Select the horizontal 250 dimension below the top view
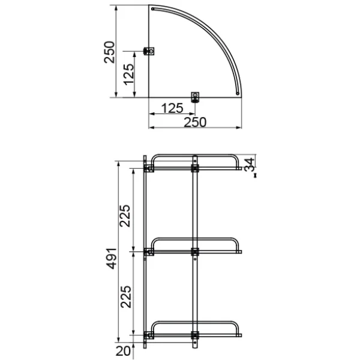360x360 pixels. (x=194, y=122)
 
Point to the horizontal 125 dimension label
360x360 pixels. (x=172, y=109)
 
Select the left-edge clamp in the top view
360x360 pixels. (x=151, y=51)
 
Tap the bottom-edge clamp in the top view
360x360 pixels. (x=195, y=96)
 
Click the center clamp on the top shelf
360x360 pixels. (x=195, y=169)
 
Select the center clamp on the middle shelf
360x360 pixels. (x=195, y=251)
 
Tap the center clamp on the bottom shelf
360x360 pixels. (x=195, y=334)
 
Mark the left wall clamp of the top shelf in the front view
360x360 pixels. (x=149, y=169)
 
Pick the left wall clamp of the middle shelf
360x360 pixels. (x=149, y=252)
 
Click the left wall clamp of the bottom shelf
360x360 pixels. (x=149, y=334)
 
